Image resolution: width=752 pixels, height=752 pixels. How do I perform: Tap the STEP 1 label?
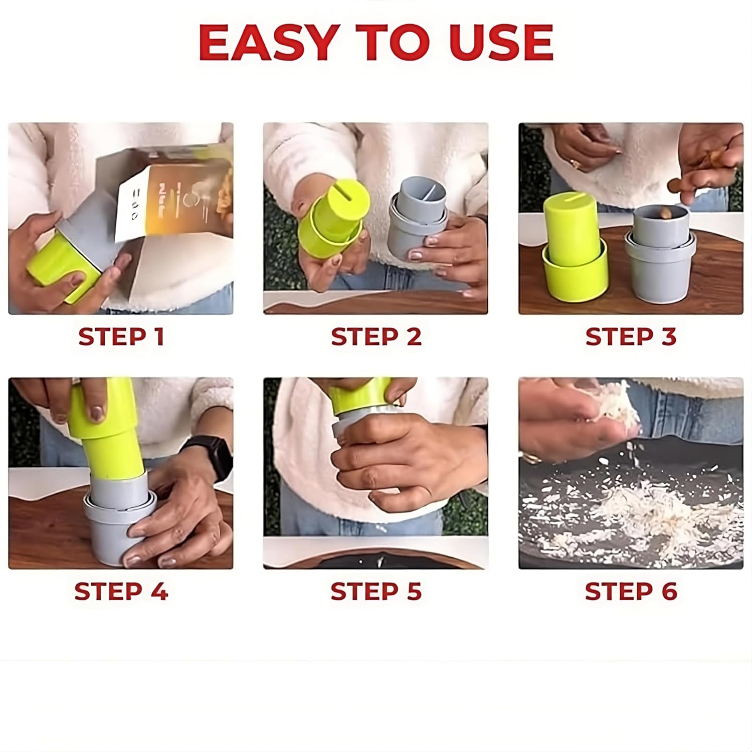(121, 336)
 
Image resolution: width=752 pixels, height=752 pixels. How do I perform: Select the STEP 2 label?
(376, 336)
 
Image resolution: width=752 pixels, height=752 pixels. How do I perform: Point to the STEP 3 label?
(631, 336)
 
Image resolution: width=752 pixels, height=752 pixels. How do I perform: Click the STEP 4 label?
(121, 592)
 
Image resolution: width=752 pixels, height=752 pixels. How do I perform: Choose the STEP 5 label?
(376, 592)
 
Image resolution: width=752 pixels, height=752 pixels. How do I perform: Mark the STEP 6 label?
(631, 592)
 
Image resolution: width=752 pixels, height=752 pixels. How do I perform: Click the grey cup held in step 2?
(416, 221)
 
